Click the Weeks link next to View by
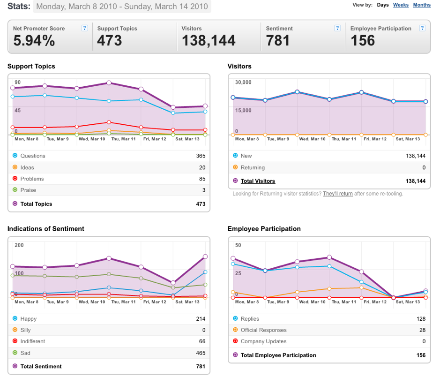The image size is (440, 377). pyautogui.click(x=401, y=5)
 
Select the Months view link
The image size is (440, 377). pyautogui.click(x=422, y=5)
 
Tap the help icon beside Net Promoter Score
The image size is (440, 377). pyautogui.click(x=84, y=28)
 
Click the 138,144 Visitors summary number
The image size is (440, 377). pyautogui.click(x=209, y=40)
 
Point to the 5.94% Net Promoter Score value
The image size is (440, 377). pyautogui.click(x=34, y=40)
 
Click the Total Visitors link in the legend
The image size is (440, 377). pyautogui.click(x=258, y=181)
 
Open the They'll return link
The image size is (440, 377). pyautogui.click(x=338, y=194)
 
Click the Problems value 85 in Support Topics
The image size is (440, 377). pyautogui.click(x=202, y=179)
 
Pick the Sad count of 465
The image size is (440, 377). pyautogui.click(x=201, y=353)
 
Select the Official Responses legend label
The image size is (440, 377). pyautogui.click(x=263, y=330)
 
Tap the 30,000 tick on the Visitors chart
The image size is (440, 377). pyautogui.click(x=243, y=82)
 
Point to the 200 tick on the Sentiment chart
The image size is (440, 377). pyautogui.click(x=19, y=245)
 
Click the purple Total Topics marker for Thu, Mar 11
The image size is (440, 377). pyautogui.click(x=109, y=83)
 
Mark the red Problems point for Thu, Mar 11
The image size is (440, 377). pyautogui.click(x=109, y=122)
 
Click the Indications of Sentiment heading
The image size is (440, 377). pyautogui.click(x=46, y=229)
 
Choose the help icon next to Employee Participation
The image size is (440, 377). pyautogui.click(x=422, y=28)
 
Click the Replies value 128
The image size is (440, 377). pyautogui.click(x=421, y=319)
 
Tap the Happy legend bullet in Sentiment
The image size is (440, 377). pyautogui.click(x=15, y=318)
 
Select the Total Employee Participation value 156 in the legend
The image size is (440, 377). pyautogui.click(x=421, y=355)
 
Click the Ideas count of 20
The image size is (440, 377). pyautogui.click(x=202, y=167)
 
